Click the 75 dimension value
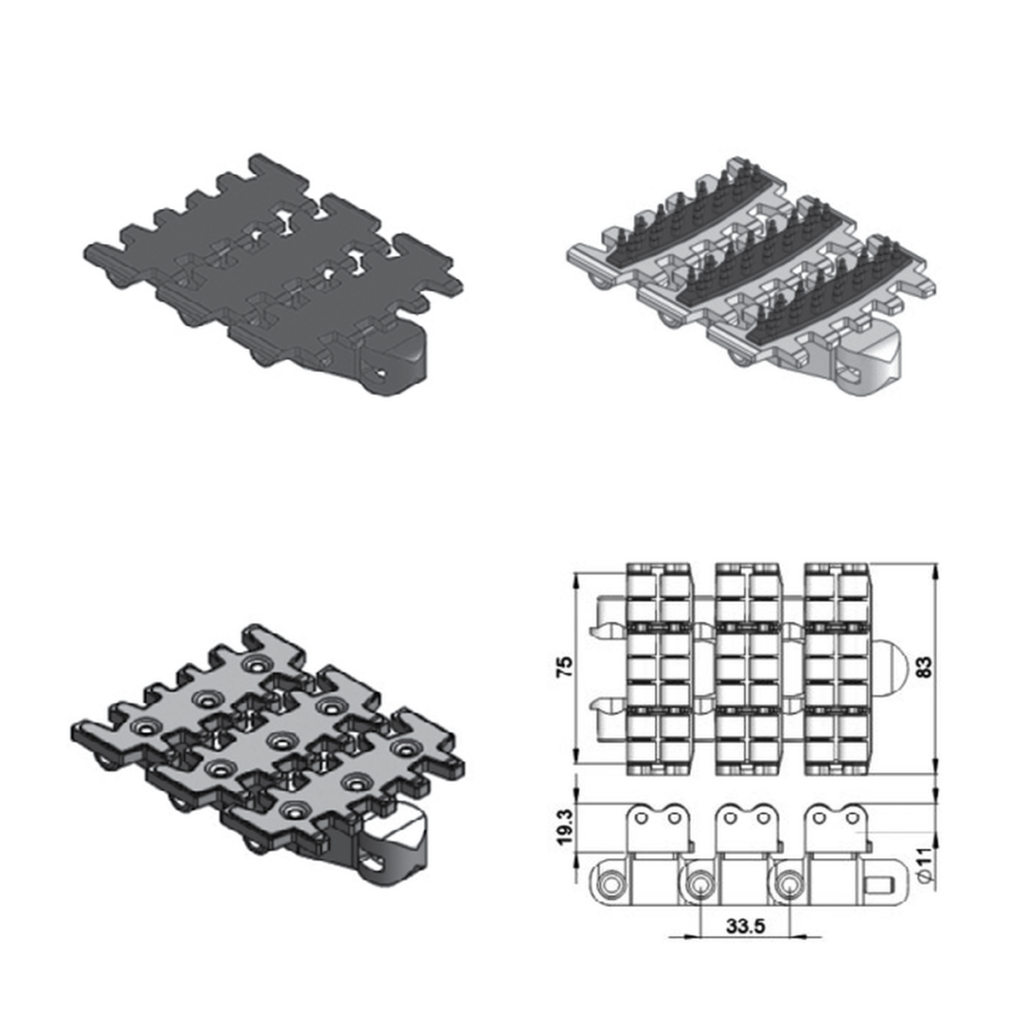pos(565,665)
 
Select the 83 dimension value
pos(924,666)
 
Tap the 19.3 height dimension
pos(565,827)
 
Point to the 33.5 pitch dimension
pos(745,925)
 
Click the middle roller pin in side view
pos(699,884)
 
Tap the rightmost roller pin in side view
pos(789,884)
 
